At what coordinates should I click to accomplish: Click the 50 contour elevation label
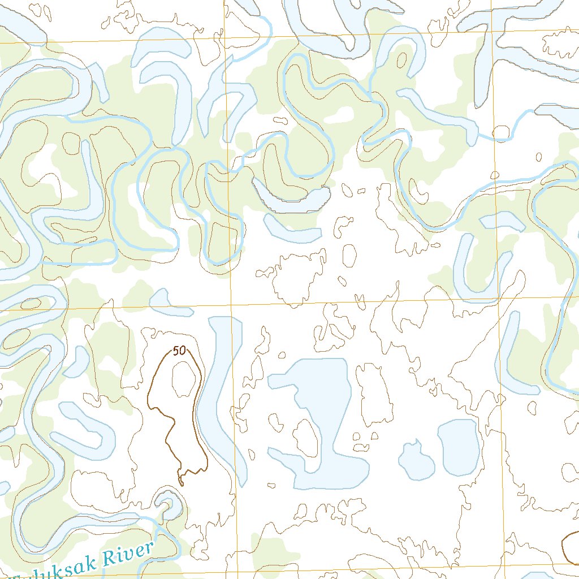pos(179,351)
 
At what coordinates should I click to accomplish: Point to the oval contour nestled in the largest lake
pos(305,437)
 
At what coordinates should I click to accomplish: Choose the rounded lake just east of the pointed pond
pos(459,447)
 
